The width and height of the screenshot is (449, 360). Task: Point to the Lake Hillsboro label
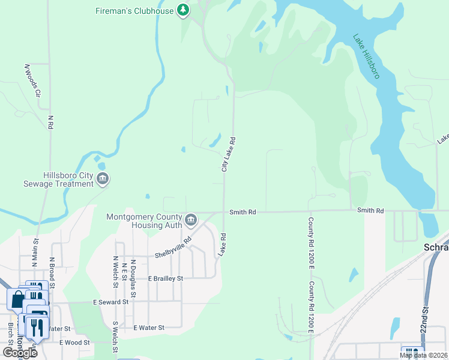[366, 56]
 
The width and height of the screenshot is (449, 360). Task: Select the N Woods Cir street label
[32, 80]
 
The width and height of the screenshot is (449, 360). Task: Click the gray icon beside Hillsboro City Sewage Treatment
[103, 179]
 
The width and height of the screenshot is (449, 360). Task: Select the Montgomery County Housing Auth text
[145, 221]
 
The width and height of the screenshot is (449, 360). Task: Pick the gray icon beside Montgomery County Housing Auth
[191, 221]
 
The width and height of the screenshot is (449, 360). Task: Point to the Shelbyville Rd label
[173, 248]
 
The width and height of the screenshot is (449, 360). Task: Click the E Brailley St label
[157, 278]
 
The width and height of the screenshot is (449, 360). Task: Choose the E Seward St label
[110, 302]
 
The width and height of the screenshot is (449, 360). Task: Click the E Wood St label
[74, 343]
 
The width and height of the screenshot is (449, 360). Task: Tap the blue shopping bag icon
[17, 298]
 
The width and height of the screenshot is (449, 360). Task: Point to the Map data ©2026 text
[423, 355]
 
